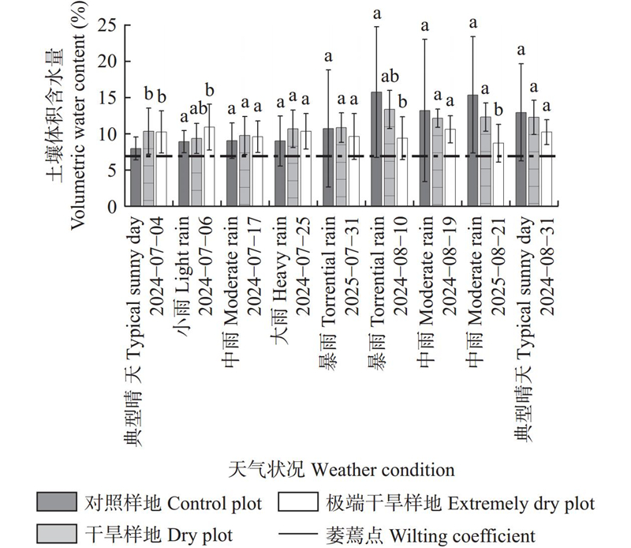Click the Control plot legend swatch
tap(56, 502)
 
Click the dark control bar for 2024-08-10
tap(376, 149)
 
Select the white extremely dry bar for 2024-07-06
tap(209, 167)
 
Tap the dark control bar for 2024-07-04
tap(136, 178)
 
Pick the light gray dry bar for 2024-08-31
tap(534, 162)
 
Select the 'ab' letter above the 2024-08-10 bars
tap(390, 77)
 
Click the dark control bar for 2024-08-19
tap(424, 158)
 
